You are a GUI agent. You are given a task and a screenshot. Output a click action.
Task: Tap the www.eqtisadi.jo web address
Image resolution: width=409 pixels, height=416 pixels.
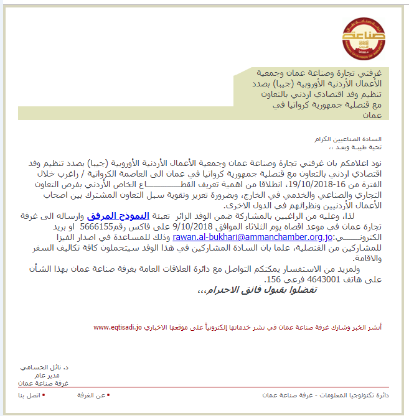[118, 326]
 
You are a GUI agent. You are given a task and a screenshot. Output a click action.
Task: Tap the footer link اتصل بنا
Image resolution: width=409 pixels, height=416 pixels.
[29, 395]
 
